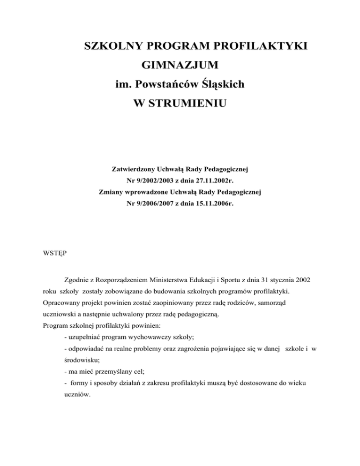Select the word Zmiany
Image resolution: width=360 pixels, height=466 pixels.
point(112,191)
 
